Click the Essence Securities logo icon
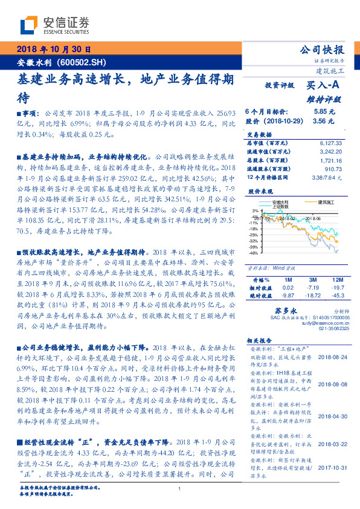[28, 26]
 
